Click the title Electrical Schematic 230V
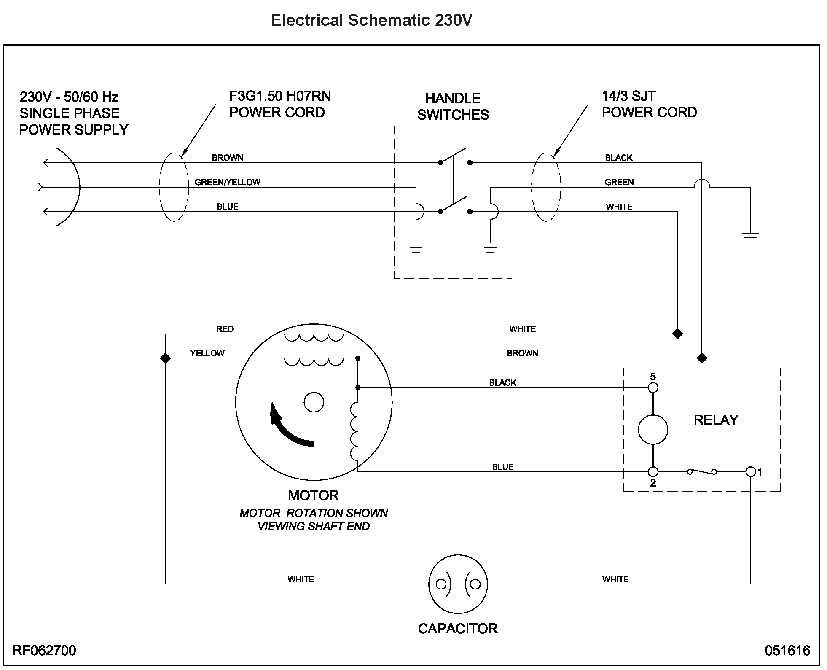(x=371, y=20)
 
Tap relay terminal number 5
(x=652, y=387)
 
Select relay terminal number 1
(x=750, y=471)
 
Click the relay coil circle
(x=652, y=430)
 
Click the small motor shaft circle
(x=314, y=402)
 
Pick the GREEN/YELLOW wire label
(x=227, y=182)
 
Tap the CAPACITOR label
(x=457, y=628)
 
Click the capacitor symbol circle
(x=458, y=584)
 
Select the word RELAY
(x=716, y=420)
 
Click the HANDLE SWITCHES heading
(x=453, y=106)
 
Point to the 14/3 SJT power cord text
(x=649, y=104)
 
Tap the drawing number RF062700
(x=45, y=650)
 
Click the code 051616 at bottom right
(x=787, y=650)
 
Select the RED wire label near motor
(x=225, y=329)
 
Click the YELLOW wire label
(x=207, y=353)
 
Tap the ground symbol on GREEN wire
(x=751, y=237)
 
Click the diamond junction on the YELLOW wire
(x=165, y=358)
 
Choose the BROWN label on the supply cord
(x=228, y=158)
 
